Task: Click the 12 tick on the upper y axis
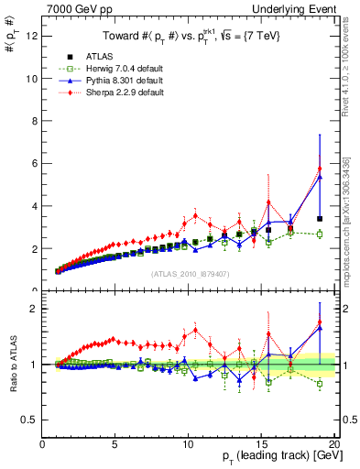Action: [x=35, y=36]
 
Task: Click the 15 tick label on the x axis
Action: [x=261, y=445]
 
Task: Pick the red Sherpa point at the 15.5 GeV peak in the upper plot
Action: [x=268, y=202]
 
